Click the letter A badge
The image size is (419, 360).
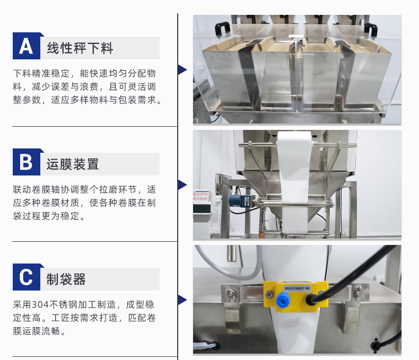[26, 47]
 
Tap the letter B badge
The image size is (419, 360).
[26, 162]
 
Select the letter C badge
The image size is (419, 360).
[26, 278]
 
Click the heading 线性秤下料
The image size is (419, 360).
[80, 48]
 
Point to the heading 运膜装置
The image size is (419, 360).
[73, 163]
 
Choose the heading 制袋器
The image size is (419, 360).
[66, 279]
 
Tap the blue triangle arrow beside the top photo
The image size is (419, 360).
[182, 69]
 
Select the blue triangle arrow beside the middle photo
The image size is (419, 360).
[182, 185]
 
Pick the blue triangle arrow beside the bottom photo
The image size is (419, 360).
[182, 300]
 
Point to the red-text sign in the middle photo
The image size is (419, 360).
[202, 197]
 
